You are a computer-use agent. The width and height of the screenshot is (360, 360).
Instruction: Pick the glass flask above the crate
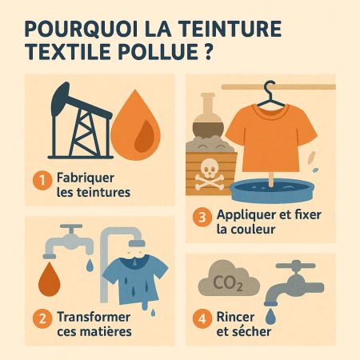210,117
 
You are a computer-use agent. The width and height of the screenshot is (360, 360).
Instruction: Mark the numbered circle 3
203,217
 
